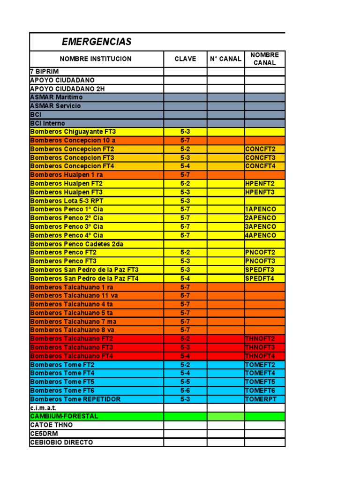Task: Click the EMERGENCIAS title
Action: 97,42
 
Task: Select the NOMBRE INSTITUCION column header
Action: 96,59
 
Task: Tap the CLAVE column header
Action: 185,59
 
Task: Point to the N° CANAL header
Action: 225,59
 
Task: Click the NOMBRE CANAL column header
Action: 264,59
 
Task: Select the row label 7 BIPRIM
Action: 45,72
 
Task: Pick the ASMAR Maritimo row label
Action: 56,97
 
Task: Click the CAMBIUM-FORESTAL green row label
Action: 64,416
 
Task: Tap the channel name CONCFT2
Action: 260,149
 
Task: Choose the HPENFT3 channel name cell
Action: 260,192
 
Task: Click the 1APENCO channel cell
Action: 261,209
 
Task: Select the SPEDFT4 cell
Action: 260,278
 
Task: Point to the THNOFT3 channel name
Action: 260,347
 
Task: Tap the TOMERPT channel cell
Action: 261,399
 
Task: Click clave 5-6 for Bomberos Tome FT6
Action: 185,390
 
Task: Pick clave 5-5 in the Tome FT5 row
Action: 185,382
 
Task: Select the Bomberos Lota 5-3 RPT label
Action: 67,201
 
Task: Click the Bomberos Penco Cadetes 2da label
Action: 77,244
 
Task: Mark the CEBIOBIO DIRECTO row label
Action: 61,442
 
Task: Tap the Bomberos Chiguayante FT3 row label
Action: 73,132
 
